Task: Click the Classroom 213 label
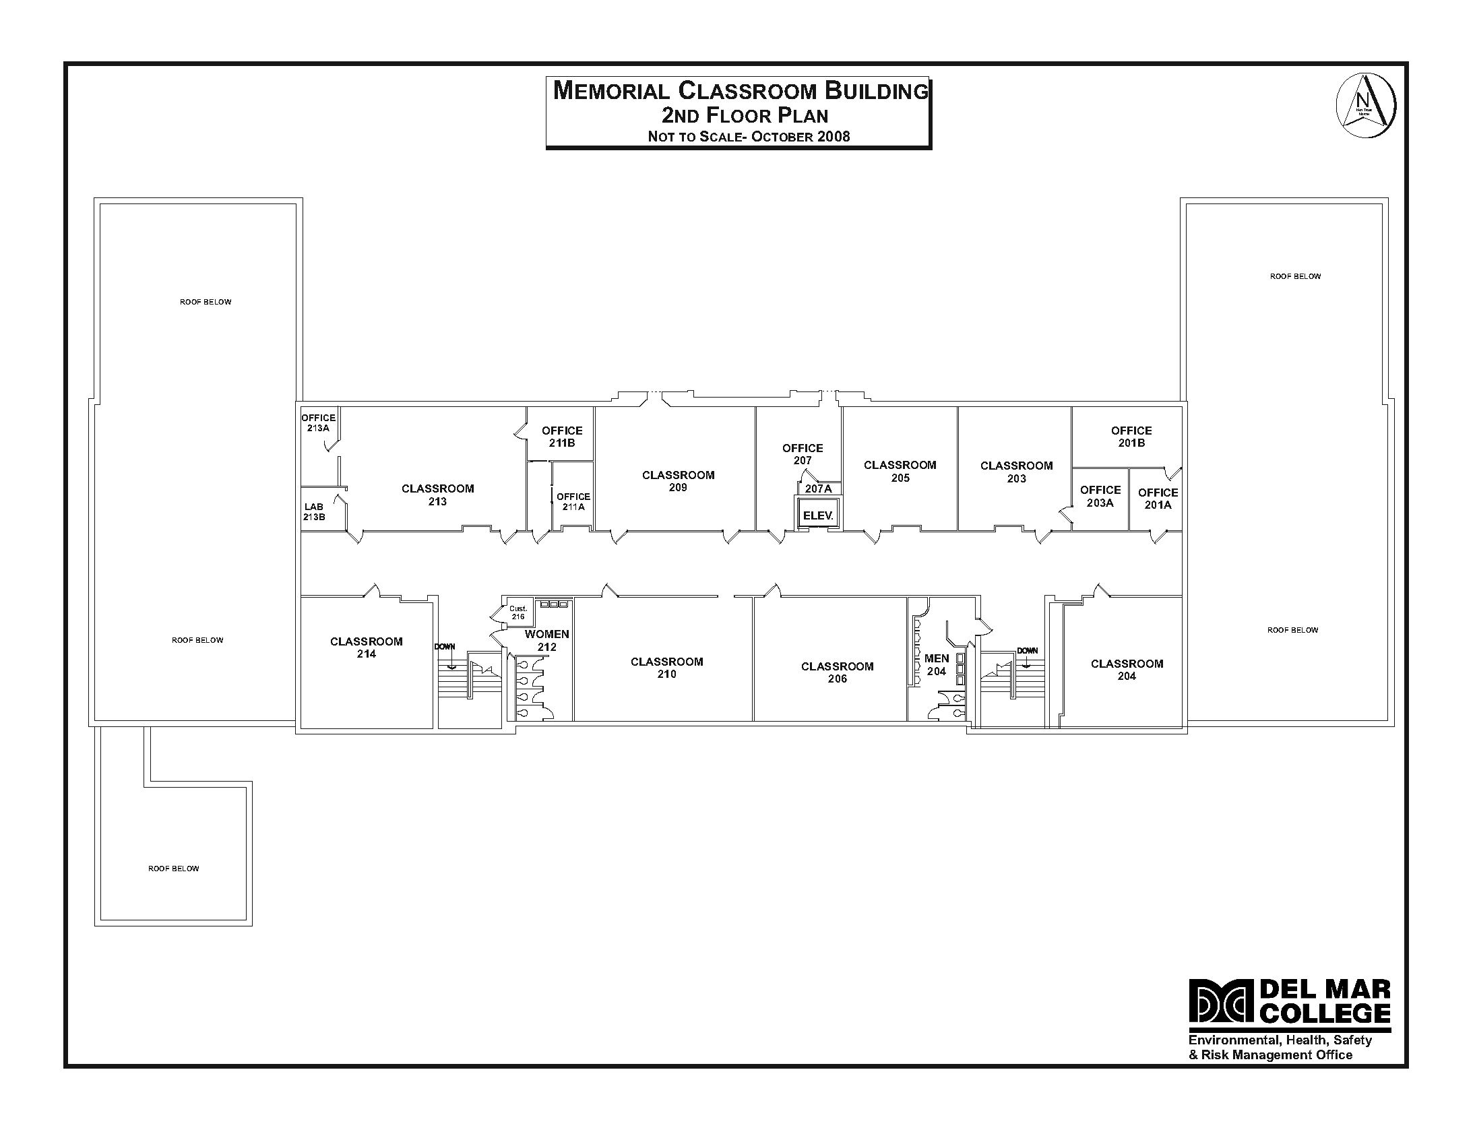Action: [x=437, y=495]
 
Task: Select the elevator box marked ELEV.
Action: [x=817, y=515]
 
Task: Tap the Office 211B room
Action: [x=562, y=436]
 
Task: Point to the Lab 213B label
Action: [x=314, y=511]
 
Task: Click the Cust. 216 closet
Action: [x=517, y=612]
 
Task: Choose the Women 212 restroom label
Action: [x=546, y=640]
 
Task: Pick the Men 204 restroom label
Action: [x=937, y=664]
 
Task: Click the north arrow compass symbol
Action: [x=1366, y=106]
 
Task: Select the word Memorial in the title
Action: [x=611, y=91]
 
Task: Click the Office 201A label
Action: [x=1158, y=499]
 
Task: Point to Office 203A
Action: [x=1100, y=496]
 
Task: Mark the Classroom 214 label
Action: [x=366, y=648]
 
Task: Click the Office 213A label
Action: [x=318, y=422]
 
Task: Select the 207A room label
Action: [x=818, y=489]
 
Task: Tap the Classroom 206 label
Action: [x=837, y=672]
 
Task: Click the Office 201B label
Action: [x=1131, y=436]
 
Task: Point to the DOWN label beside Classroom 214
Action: [x=444, y=647]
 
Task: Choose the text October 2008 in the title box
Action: [x=801, y=137]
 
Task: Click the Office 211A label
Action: [x=573, y=501]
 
